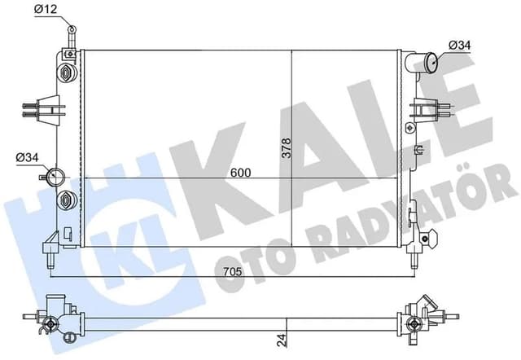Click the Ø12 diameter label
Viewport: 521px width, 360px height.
click(46, 9)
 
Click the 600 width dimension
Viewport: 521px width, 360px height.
click(240, 173)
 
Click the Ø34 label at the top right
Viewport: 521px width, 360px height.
click(460, 44)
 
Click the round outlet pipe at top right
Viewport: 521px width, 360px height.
click(430, 62)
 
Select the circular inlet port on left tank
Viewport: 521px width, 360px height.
click(58, 175)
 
